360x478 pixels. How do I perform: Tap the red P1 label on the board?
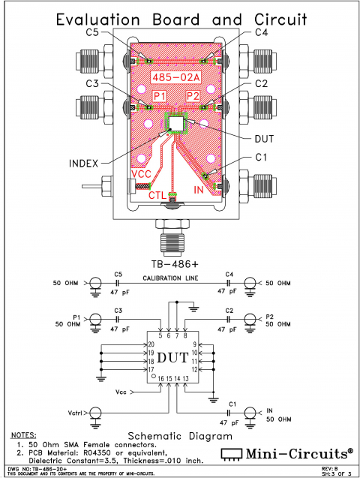coord(160,96)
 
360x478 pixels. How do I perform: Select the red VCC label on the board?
coord(142,174)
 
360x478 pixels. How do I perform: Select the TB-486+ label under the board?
coord(180,263)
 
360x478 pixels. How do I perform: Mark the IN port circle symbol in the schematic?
coord(250,412)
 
